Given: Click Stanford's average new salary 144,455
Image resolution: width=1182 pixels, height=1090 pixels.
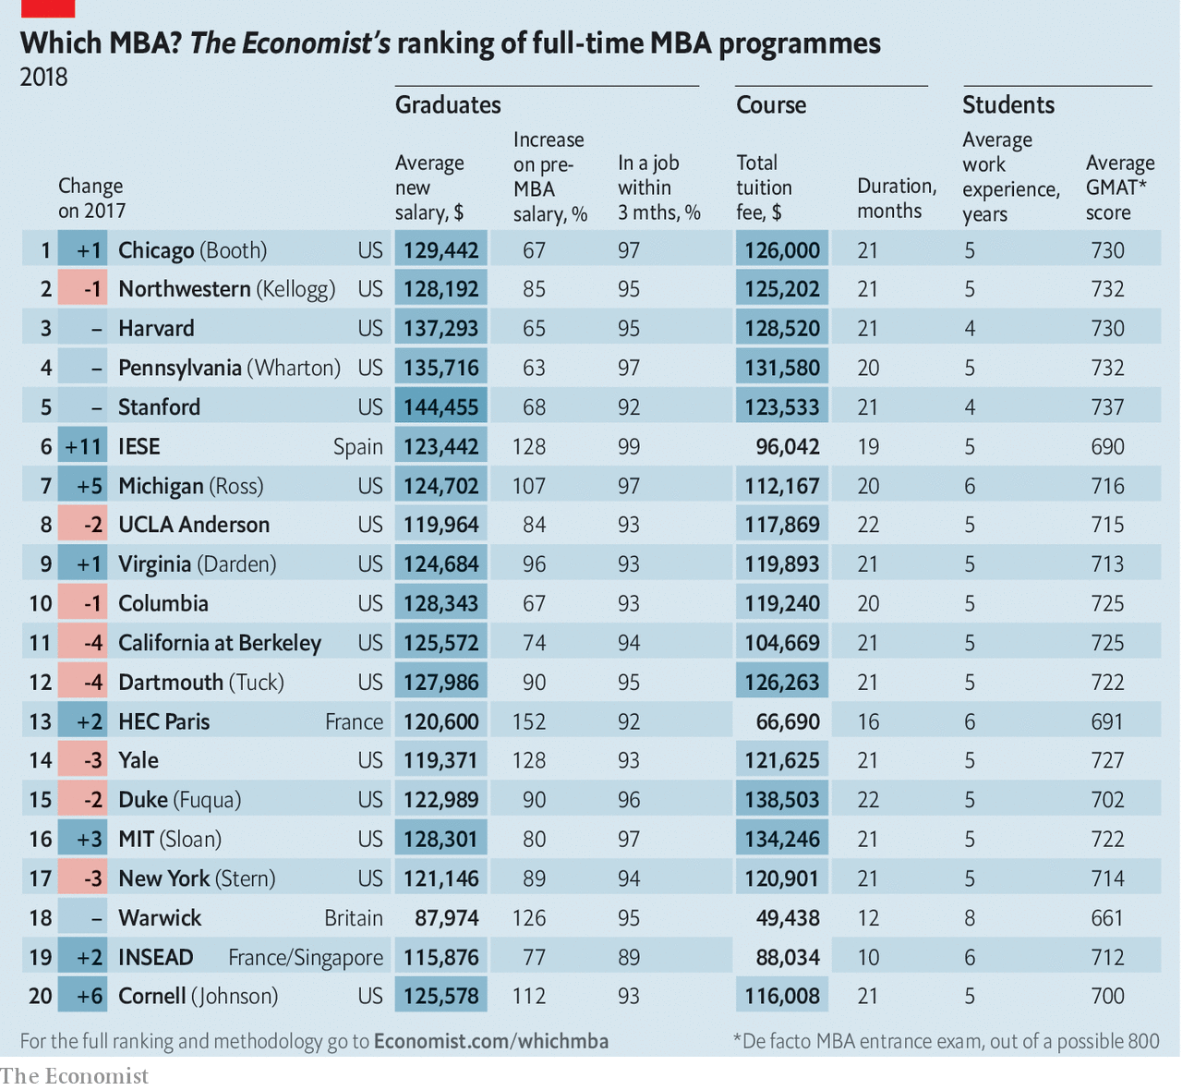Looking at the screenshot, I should click(x=441, y=407).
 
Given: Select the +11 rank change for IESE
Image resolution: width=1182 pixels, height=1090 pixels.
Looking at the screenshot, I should click(x=83, y=447).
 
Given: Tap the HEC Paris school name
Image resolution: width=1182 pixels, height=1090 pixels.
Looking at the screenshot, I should click(x=164, y=721).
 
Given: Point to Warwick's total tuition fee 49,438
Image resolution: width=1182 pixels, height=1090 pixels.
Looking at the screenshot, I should click(x=788, y=918).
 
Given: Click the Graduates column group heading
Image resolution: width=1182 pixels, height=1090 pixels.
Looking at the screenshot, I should click(x=448, y=105).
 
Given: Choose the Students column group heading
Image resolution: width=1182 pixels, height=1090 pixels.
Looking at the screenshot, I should click(x=1008, y=105).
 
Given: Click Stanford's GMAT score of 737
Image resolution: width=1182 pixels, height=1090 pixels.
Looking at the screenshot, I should click(x=1107, y=407).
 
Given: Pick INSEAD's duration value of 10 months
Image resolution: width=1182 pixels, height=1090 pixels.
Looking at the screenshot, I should click(x=868, y=957).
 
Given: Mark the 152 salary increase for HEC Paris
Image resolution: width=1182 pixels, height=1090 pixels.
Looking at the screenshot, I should click(x=529, y=721).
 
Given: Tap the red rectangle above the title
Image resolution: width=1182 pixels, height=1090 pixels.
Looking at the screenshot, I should click(x=47, y=8).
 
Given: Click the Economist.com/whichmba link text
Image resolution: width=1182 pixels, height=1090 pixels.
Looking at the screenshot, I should click(x=491, y=1041).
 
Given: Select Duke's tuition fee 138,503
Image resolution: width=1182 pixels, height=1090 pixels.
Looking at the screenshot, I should click(x=782, y=800).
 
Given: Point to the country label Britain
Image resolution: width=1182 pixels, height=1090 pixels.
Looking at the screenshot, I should click(x=354, y=918).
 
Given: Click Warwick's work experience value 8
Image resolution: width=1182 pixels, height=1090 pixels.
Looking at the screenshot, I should click(x=970, y=918).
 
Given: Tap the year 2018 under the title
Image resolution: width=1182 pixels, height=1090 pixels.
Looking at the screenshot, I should click(x=44, y=77).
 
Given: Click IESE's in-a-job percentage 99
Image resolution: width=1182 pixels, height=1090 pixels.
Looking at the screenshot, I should click(x=629, y=447).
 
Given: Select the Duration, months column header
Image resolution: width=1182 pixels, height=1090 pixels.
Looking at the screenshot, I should click(x=897, y=199).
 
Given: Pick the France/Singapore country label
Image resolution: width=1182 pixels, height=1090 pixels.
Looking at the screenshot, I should click(x=306, y=958).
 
